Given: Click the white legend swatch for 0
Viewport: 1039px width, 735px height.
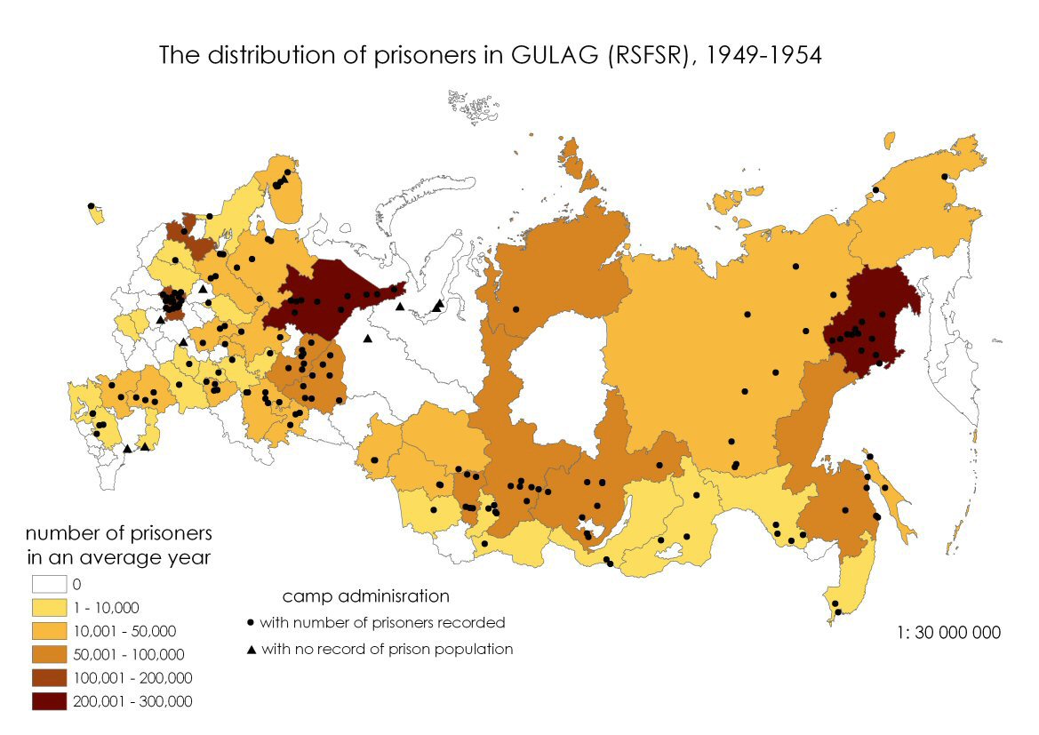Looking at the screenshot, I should pyautogui.click(x=50, y=585).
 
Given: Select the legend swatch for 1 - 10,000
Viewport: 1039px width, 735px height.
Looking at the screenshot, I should pyautogui.click(x=50, y=608).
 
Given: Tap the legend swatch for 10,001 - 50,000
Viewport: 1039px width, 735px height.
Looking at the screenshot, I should pyautogui.click(x=50, y=631).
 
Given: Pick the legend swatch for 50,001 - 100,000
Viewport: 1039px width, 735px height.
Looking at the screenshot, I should pyautogui.click(x=50, y=655).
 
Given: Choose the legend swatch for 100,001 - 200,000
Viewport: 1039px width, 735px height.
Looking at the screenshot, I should pyautogui.click(x=50, y=678).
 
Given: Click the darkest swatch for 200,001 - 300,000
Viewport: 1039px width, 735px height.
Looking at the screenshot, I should pyautogui.click(x=50, y=701).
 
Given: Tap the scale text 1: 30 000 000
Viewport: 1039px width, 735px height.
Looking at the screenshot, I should pyautogui.click(x=948, y=633).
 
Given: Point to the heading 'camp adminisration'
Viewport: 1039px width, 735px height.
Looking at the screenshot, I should pyautogui.click(x=365, y=595).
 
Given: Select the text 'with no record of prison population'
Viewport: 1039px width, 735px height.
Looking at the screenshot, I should pyautogui.click(x=388, y=650).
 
